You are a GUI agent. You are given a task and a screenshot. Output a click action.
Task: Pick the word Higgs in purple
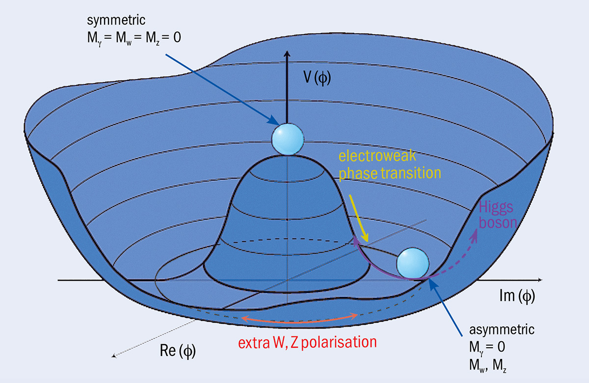pyautogui.click(x=492, y=208)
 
